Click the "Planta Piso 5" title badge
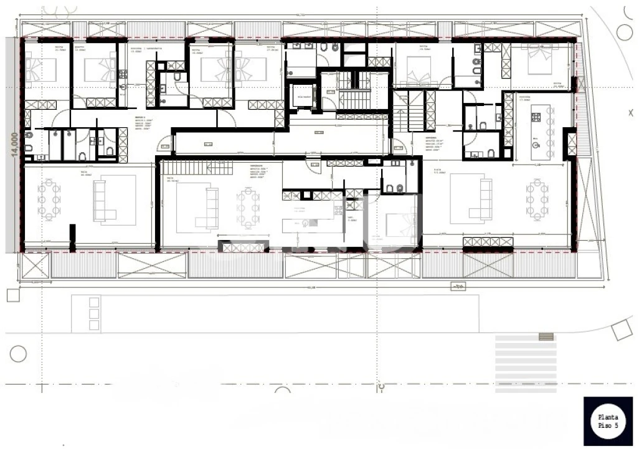point(608,422)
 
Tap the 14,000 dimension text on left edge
point(12,145)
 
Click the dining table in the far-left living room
point(49,200)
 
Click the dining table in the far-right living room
point(537,200)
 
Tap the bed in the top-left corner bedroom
point(41,69)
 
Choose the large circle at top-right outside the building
point(625,32)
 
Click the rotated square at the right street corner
point(622,330)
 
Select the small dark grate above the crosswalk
point(546,336)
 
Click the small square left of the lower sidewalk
point(13,295)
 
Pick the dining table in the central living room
point(248,209)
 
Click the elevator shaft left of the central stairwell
point(304,96)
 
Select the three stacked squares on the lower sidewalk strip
point(93,314)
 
